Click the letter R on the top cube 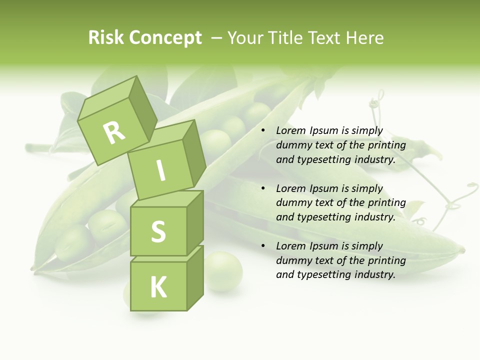[114, 132]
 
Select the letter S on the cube [158, 231]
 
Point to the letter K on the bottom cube [158, 287]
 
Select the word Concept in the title [165, 38]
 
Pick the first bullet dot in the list [263, 131]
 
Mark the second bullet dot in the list [263, 188]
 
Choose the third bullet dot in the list [263, 246]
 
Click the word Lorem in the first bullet [289, 131]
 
